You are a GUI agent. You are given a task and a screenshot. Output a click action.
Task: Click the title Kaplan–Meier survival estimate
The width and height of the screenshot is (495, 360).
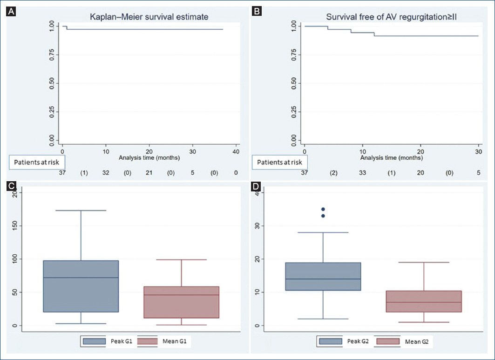tap(149, 17)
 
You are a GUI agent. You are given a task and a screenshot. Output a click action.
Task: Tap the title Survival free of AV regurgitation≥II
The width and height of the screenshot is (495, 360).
tap(392, 17)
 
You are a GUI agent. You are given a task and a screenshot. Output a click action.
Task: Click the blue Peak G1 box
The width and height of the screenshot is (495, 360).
tap(81, 286)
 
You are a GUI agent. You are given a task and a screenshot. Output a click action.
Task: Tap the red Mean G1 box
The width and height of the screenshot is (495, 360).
tap(182, 302)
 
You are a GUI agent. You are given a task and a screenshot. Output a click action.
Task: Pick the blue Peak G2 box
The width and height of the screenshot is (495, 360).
tap(323, 276)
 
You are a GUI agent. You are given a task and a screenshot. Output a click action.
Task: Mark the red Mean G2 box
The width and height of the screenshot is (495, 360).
tap(424, 301)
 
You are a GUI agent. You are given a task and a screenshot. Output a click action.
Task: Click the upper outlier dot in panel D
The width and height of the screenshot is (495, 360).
tap(323, 209)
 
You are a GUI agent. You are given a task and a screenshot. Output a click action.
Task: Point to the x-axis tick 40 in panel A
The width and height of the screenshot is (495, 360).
tap(236, 151)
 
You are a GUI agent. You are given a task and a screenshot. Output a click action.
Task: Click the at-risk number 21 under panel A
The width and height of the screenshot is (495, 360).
tap(149, 173)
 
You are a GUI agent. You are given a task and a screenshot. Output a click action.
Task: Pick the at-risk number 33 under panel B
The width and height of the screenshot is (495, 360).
tap(362, 173)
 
